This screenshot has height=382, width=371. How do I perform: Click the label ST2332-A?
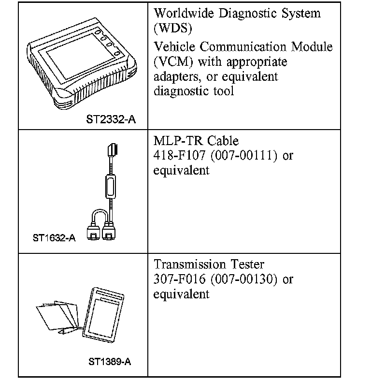(111, 119)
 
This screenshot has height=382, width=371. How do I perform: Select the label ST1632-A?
(54, 238)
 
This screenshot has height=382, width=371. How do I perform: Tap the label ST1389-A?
(110, 362)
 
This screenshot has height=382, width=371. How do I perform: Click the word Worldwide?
(184, 14)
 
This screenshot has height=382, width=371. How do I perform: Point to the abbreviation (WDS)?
(173, 28)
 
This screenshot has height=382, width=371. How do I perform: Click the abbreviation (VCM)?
(173, 62)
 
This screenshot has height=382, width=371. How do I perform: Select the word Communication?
(243, 47)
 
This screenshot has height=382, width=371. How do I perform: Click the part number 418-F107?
(179, 155)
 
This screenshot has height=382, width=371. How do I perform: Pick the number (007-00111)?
(244, 155)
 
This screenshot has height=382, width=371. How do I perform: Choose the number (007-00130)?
(244, 279)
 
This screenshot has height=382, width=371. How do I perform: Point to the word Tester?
(247, 264)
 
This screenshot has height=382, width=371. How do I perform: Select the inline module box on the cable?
(111, 186)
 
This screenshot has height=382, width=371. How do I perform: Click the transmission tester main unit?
(103, 315)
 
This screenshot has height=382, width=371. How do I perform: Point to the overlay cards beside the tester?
(57, 315)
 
